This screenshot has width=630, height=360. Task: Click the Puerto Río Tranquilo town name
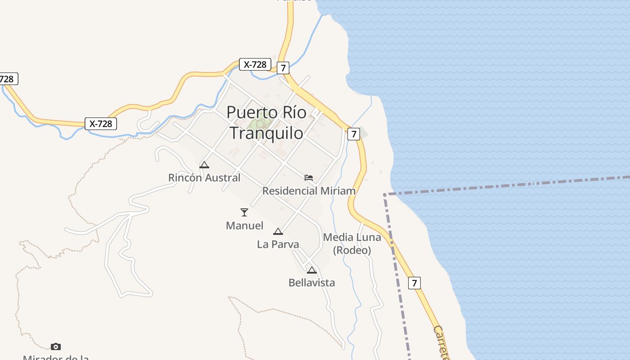tap(266, 122)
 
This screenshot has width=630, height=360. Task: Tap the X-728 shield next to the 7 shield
tap(255, 64)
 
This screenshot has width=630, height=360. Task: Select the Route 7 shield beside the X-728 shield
tap(282, 68)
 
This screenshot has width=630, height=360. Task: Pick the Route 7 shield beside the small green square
tap(354, 134)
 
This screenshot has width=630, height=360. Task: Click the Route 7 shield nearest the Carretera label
tap(414, 283)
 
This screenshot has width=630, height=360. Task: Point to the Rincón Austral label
tap(204, 178)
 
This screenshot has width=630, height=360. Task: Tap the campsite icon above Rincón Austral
tap(204, 165)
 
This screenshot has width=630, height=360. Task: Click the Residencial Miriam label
tap(309, 191)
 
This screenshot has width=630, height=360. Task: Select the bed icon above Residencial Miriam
tap(309, 177)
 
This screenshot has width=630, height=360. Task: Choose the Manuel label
tap(244, 225)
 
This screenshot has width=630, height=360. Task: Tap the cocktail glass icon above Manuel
tap(244, 212)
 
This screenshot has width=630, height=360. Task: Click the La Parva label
tap(278, 244)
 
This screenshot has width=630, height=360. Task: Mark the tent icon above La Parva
tap(278, 231)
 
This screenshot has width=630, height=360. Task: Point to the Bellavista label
tap(312, 283)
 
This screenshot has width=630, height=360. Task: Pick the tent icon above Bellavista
tap(312, 270)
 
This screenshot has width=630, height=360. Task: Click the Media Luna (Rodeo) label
tap(352, 243)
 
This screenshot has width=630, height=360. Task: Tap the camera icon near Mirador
tap(56, 346)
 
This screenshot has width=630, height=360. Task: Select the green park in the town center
tap(261, 121)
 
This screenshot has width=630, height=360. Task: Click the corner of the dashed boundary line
tap(385, 194)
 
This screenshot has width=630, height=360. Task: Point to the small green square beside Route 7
tap(364, 133)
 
